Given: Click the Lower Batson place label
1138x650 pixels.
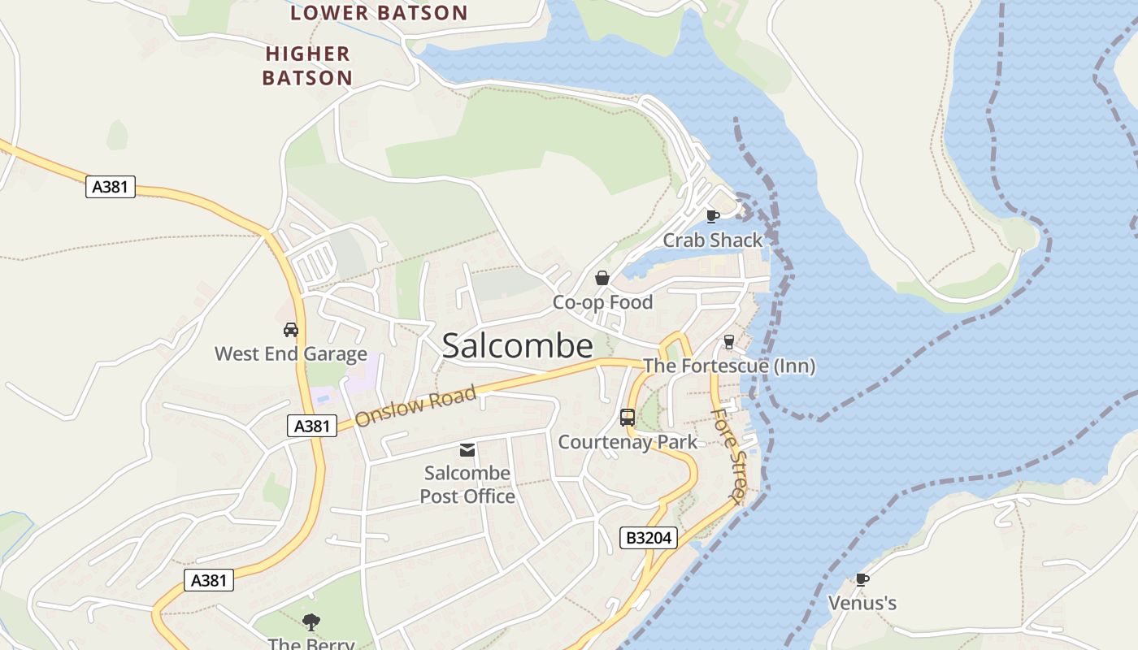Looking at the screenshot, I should [x=379, y=13].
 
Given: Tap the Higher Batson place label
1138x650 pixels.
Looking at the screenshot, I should [x=308, y=66].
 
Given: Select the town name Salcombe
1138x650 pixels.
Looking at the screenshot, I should [x=517, y=346].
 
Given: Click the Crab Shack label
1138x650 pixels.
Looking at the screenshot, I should [x=713, y=240].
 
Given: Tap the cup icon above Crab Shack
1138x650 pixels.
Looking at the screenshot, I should [x=713, y=216].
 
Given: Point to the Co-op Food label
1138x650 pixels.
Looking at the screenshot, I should [x=602, y=302].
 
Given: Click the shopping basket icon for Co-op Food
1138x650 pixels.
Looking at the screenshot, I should [x=602, y=279].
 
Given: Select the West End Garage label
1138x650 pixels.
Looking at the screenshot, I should [x=291, y=354].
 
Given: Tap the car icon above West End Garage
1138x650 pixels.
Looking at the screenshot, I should [x=291, y=330].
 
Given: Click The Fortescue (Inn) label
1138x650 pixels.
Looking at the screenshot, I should [x=729, y=366].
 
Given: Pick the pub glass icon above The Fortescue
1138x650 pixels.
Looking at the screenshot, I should [x=729, y=342].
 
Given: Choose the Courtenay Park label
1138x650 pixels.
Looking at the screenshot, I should [x=628, y=442].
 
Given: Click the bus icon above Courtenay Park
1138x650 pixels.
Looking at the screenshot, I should [x=628, y=418].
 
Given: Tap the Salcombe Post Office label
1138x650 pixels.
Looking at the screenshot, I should [x=467, y=484].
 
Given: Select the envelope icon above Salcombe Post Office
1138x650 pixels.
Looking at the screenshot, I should [x=467, y=449].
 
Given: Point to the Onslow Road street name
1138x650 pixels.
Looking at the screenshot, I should [x=415, y=406].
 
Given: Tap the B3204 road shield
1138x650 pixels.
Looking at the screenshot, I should [x=649, y=538].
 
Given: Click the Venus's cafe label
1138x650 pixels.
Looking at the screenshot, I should [x=862, y=603].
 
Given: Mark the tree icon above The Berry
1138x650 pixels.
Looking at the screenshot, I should [x=311, y=623].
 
